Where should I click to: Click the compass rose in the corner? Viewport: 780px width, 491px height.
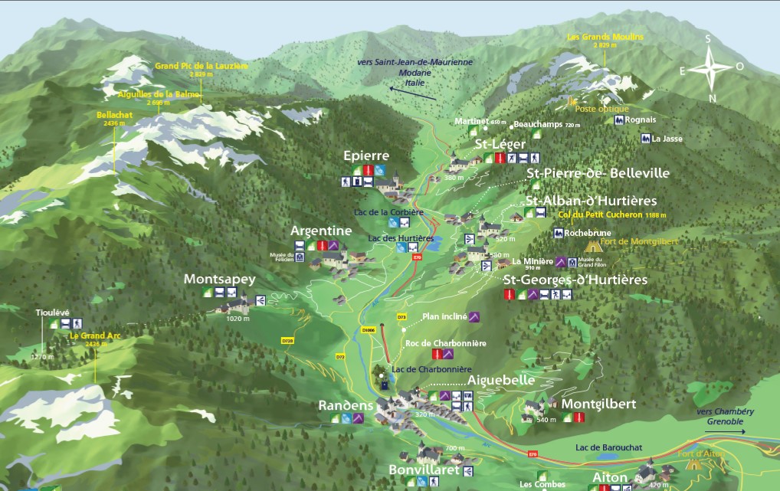[x=711, y=68]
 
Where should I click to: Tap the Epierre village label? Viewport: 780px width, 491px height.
[x=372, y=156]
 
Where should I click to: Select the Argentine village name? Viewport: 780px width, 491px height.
[x=321, y=231]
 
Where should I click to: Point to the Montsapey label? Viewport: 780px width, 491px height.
[x=219, y=280]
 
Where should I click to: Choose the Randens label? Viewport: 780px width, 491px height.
[x=346, y=405]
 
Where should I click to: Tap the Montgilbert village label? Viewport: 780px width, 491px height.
[x=599, y=404]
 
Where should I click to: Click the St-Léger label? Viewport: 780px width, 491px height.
[x=500, y=144]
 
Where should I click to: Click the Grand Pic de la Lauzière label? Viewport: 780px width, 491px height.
[x=202, y=67]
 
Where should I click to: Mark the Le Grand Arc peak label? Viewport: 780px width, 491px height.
[x=96, y=336]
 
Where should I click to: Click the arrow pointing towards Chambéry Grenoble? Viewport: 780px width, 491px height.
[x=725, y=431]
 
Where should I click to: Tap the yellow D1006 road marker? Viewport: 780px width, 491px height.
[x=369, y=330]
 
